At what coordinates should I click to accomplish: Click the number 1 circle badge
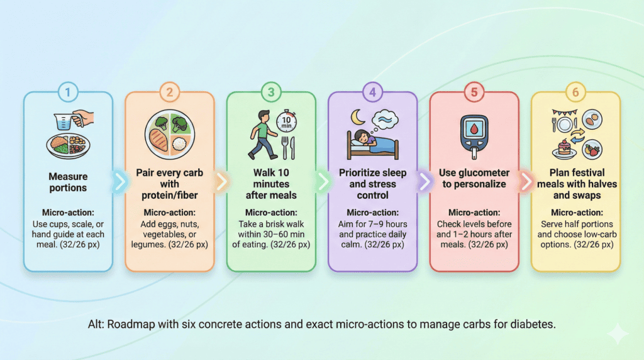click(x=68, y=92)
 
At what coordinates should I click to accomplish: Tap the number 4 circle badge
click(x=372, y=92)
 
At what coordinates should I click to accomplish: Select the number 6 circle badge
click(x=575, y=92)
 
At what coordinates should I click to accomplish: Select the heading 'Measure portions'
click(x=68, y=183)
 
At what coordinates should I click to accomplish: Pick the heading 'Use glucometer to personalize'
click(x=474, y=178)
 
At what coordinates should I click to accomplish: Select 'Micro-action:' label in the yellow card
click(x=575, y=213)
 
